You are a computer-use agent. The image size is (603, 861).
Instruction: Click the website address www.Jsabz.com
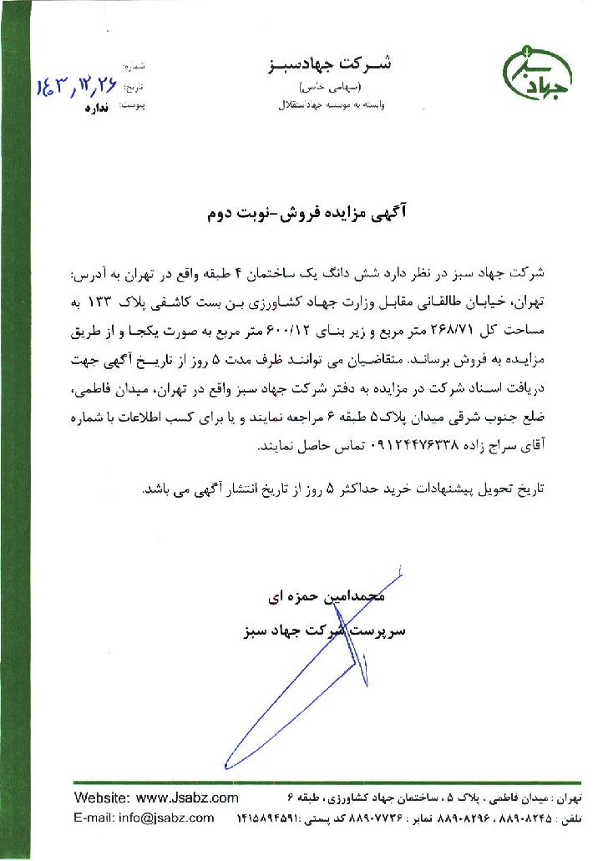(187, 798)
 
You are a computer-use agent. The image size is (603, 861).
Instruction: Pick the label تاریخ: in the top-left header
(133, 86)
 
